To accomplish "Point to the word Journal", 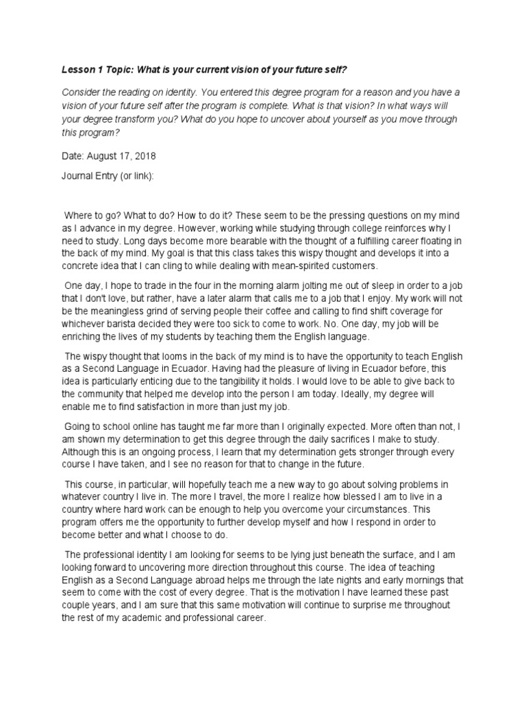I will (79, 175).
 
